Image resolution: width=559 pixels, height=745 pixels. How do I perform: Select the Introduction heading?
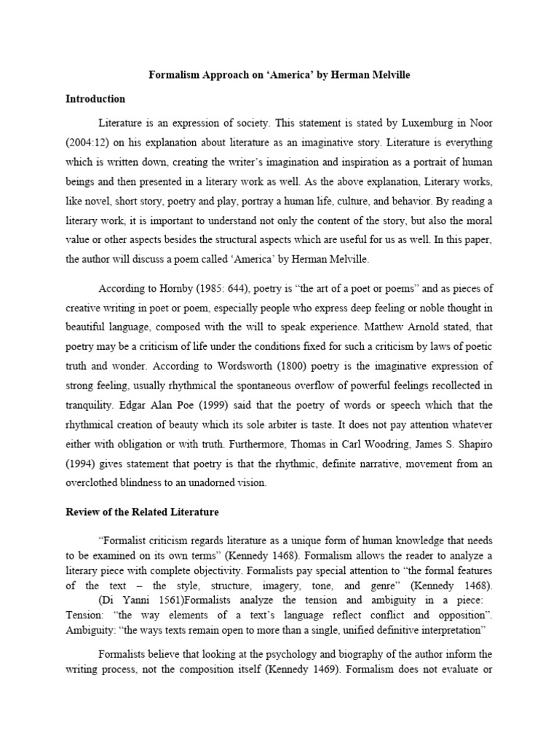pos(95,98)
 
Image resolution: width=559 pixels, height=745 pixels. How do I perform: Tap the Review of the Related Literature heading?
pos(142,512)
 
